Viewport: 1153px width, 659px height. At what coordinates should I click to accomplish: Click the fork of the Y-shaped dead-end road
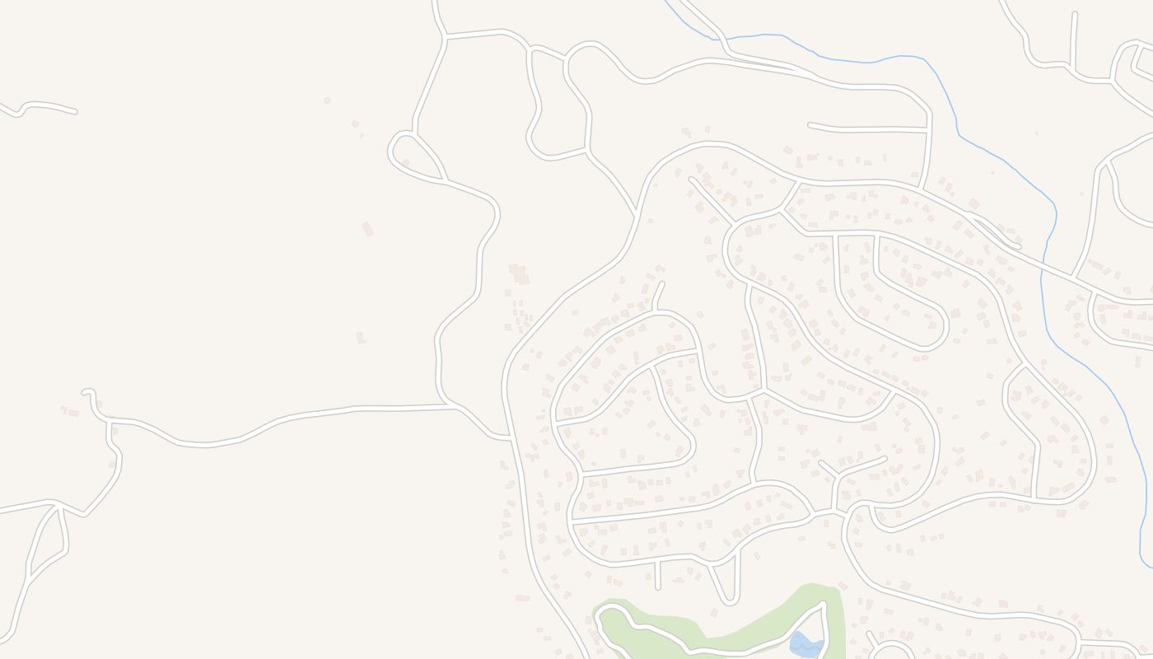838,476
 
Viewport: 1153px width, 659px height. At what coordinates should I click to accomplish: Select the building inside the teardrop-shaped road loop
405,163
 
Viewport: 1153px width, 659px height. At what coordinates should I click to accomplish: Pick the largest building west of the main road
519,273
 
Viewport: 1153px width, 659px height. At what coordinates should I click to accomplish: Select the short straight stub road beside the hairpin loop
657,574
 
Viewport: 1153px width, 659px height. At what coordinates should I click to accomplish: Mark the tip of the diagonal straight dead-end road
690,178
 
